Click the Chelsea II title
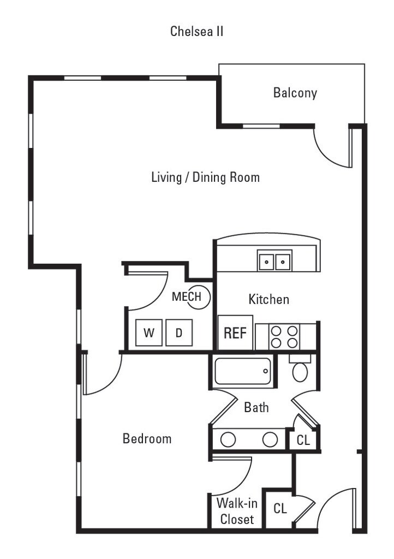(196, 31)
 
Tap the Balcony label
(295, 93)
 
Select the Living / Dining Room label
(205, 177)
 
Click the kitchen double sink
(274, 261)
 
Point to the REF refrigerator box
(235, 332)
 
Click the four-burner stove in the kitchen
(285, 336)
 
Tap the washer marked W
(148, 333)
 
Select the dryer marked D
(178, 333)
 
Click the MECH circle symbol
(199, 297)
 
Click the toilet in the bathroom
(300, 370)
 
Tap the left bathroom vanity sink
(228, 439)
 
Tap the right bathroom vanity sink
(270, 439)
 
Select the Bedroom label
(147, 438)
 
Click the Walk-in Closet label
(237, 511)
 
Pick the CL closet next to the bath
(303, 440)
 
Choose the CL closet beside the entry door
(280, 509)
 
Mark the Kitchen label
(268, 299)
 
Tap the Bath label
(256, 407)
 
